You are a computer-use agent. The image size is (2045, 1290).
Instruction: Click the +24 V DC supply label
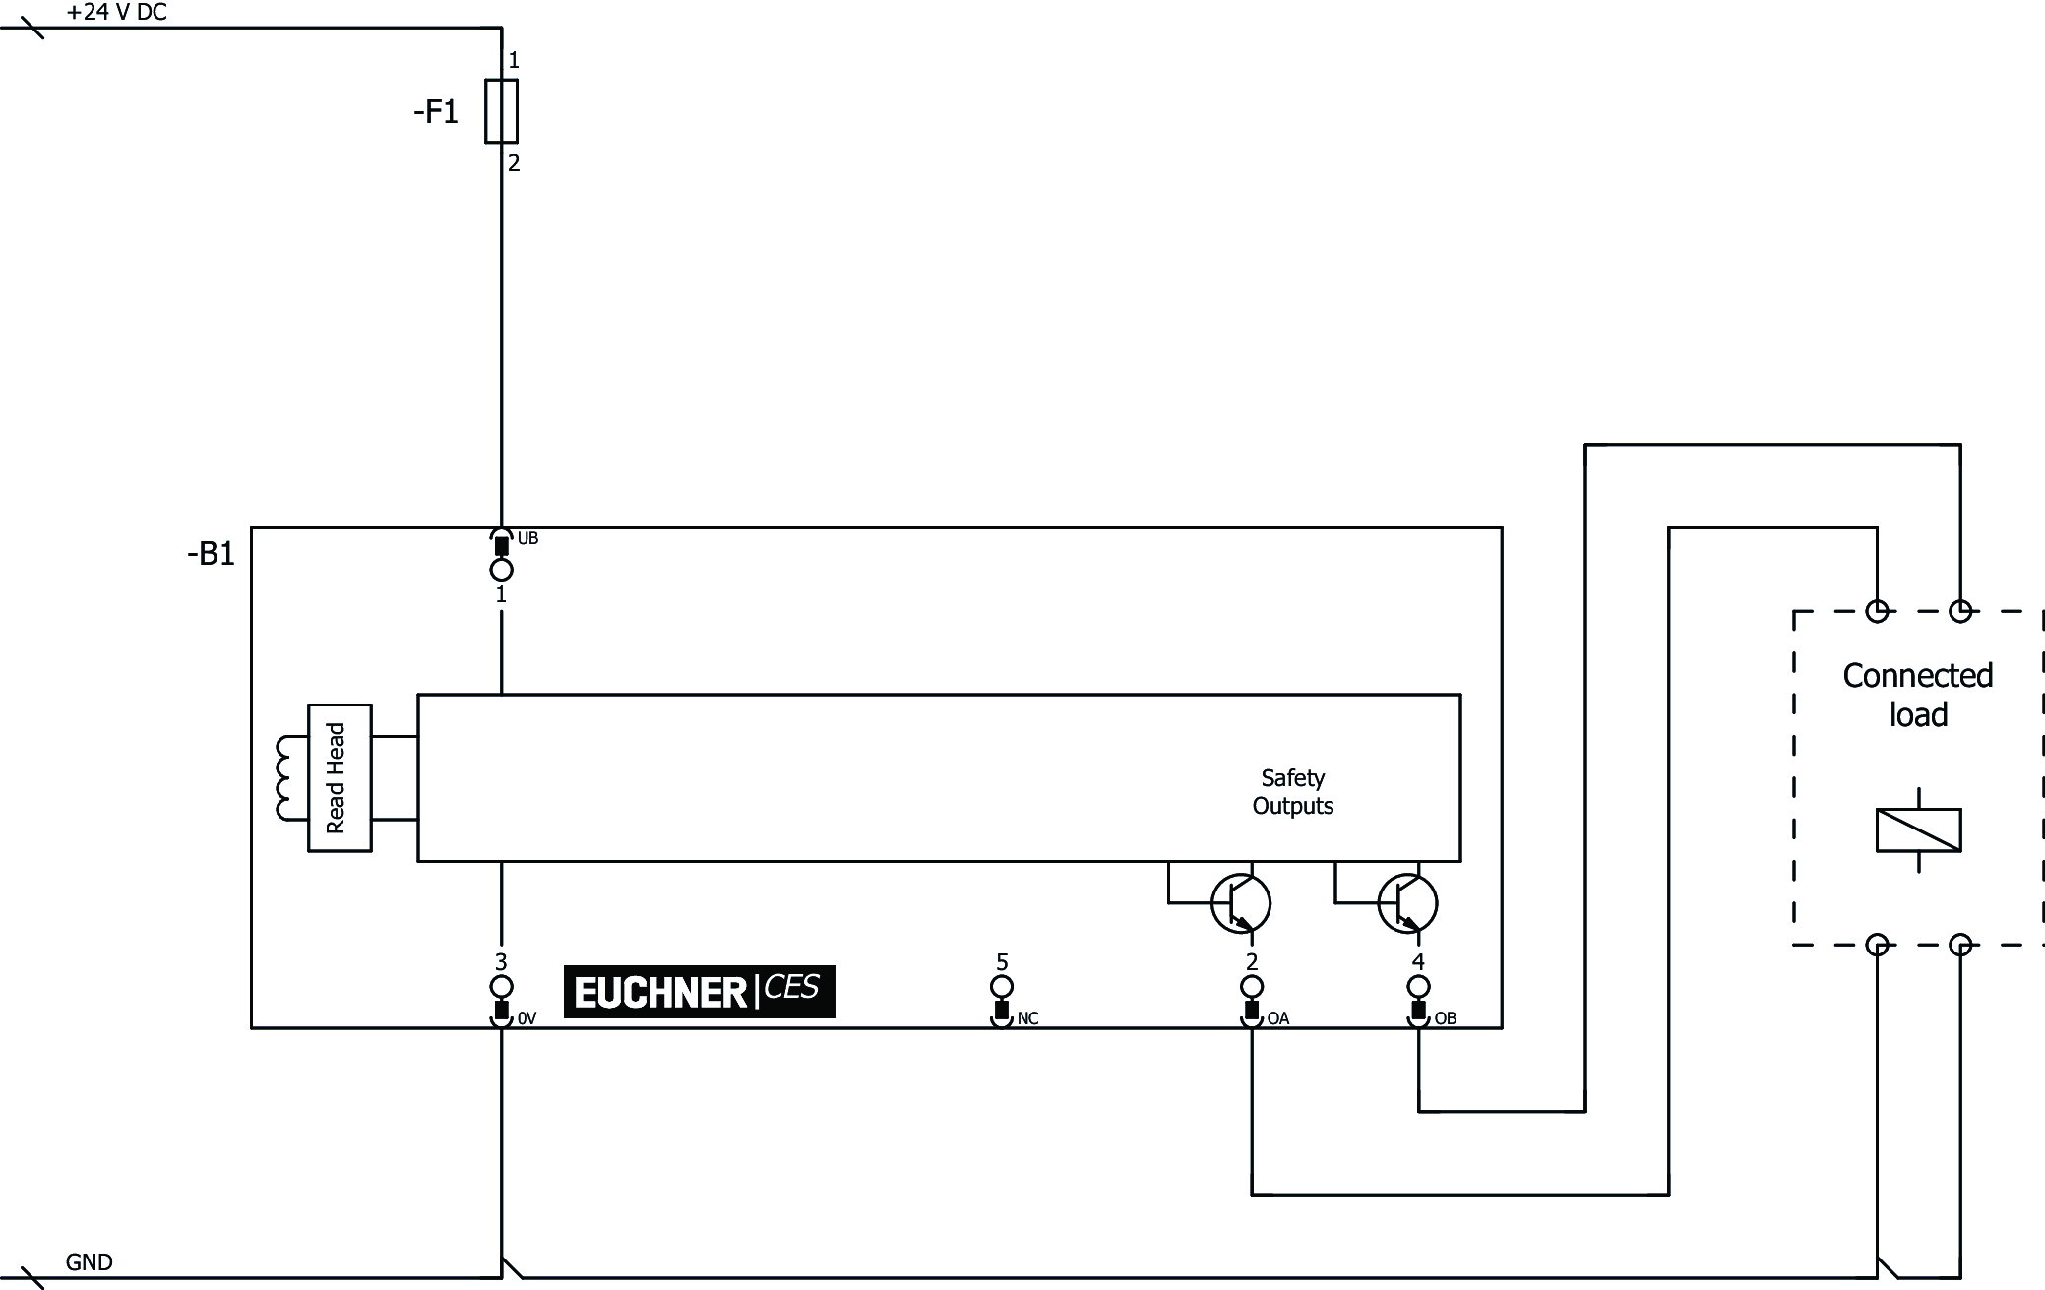[x=116, y=12]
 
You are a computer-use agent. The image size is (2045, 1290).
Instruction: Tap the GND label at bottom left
[x=89, y=1262]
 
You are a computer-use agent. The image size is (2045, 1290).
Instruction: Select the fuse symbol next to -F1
[x=502, y=111]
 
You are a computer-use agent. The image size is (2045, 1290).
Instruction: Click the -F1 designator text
[x=436, y=112]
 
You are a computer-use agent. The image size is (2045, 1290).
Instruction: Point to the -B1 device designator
[x=211, y=554]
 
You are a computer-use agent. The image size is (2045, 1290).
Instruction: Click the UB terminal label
[x=527, y=538]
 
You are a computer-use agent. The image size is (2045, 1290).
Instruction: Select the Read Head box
[x=340, y=777]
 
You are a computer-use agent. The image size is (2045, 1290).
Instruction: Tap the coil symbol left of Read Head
[x=287, y=777]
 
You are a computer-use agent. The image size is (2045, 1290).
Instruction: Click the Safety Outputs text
[x=1292, y=792]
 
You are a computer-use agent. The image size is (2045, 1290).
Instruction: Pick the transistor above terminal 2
[x=1240, y=903]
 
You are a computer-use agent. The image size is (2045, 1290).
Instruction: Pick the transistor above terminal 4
[x=1407, y=903]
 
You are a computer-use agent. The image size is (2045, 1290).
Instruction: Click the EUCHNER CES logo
[x=699, y=991]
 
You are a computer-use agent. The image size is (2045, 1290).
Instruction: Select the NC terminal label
[x=1027, y=1018]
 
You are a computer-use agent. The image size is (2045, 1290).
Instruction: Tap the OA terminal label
[x=1277, y=1018]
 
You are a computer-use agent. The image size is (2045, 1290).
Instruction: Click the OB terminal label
[x=1445, y=1018]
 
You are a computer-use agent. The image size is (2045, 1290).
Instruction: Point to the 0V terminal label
[x=527, y=1018]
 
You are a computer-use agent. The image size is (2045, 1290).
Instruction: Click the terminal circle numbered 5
[x=1002, y=987]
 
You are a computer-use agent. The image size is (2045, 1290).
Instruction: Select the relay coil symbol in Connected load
[x=1918, y=829]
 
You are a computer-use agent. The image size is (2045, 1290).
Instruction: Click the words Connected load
[x=1917, y=695]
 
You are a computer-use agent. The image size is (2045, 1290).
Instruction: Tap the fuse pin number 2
[x=514, y=163]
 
